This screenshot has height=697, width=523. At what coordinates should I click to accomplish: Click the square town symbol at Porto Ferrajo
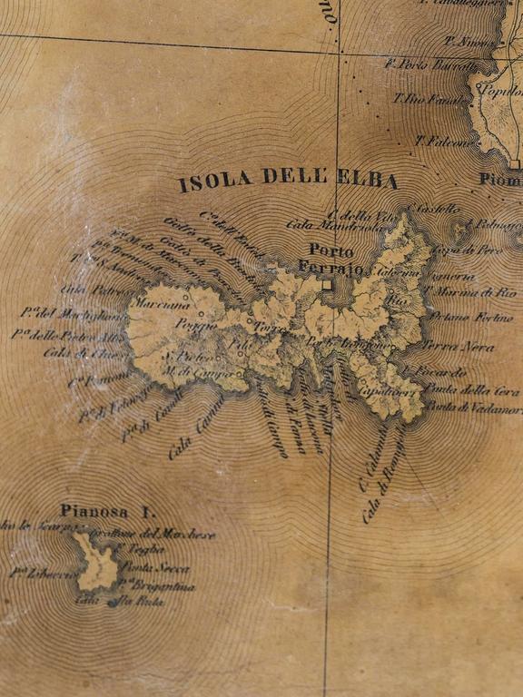(x=325, y=284)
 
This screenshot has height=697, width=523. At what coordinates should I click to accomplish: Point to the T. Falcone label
(x=439, y=141)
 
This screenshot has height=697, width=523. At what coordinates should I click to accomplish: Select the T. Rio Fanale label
(x=423, y=97)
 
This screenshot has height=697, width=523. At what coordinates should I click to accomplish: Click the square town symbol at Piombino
(x=514, y=164)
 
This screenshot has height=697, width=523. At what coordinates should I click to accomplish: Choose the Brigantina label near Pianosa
(x=163, y=585)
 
